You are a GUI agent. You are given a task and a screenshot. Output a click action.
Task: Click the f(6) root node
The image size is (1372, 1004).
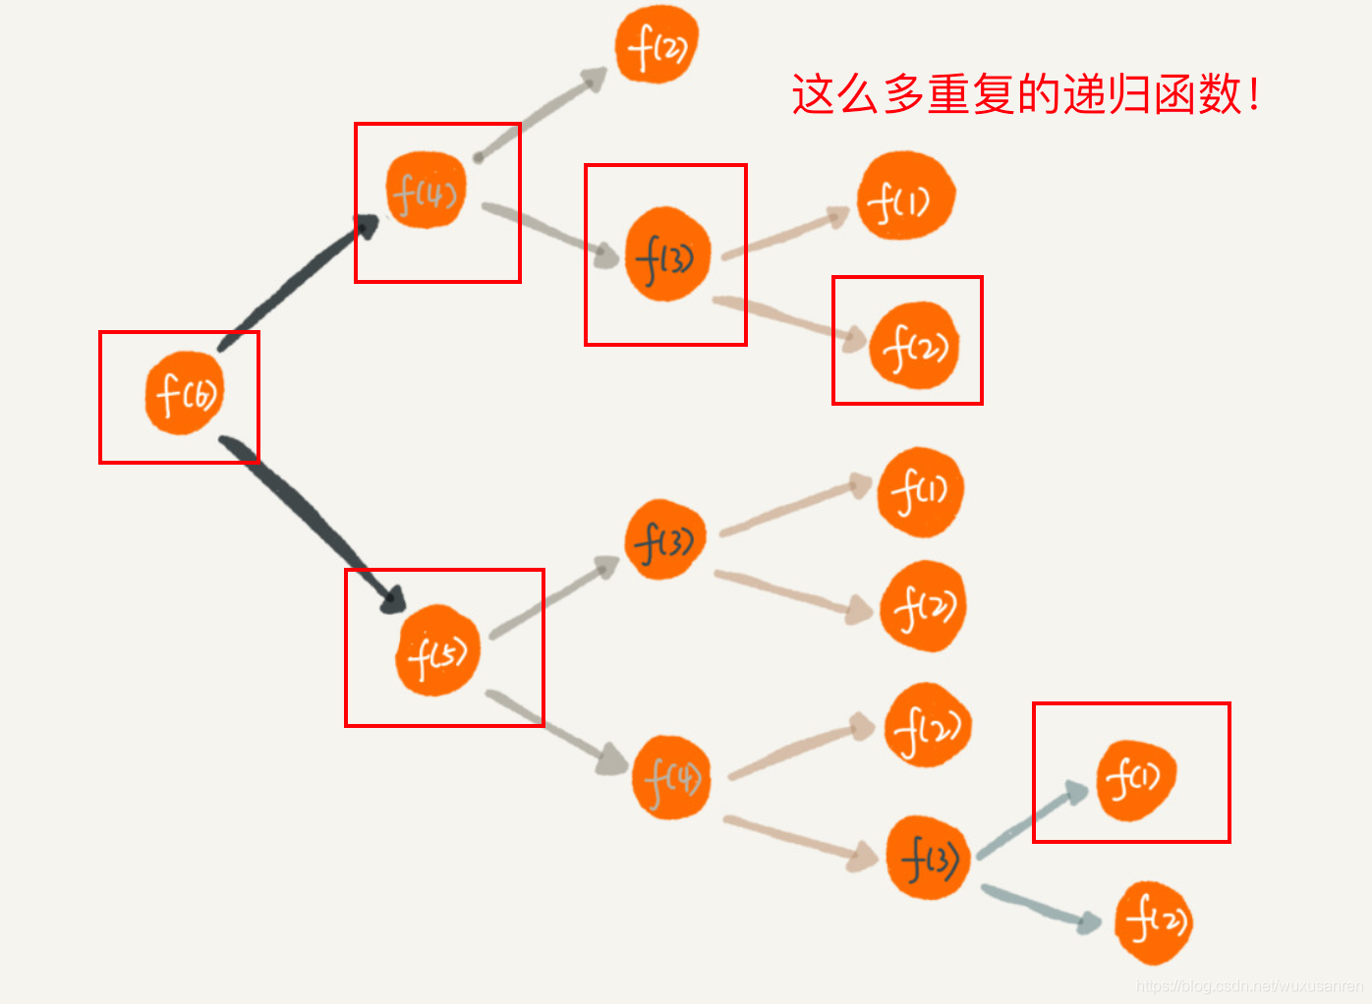click(185, 393)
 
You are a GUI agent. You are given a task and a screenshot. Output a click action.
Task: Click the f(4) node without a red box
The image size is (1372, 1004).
click(671, 777)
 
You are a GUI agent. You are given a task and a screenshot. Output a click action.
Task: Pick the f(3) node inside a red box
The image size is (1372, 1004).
click(666, 254)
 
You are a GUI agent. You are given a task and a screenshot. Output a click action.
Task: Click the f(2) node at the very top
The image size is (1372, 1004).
click(657, 45)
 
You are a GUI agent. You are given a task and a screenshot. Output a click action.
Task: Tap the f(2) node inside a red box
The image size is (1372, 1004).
click(913, 346)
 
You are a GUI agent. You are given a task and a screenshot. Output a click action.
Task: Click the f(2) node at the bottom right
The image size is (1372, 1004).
click(1154, 921)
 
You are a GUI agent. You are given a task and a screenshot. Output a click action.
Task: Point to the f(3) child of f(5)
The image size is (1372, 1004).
click(665, 539)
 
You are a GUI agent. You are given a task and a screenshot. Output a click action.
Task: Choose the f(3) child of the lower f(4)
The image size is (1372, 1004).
click(928, 858)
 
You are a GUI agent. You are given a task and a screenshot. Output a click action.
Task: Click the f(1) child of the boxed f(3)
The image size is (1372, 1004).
click(905, 196)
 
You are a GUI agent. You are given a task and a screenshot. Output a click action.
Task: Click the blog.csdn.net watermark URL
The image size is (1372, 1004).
click(1248, 985)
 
